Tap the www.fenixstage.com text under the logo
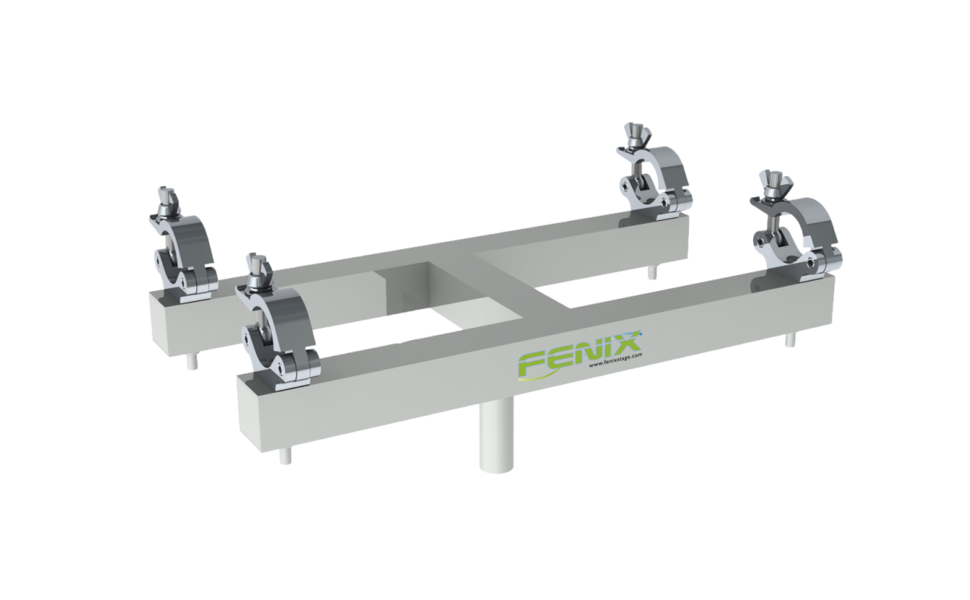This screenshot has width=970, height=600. (x=616, y=361)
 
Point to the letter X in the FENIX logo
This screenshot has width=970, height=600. (x=625, y=342)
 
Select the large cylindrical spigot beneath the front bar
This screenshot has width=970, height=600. (x=496, y=436)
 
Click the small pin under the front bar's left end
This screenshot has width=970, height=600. (x=285, y=456)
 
